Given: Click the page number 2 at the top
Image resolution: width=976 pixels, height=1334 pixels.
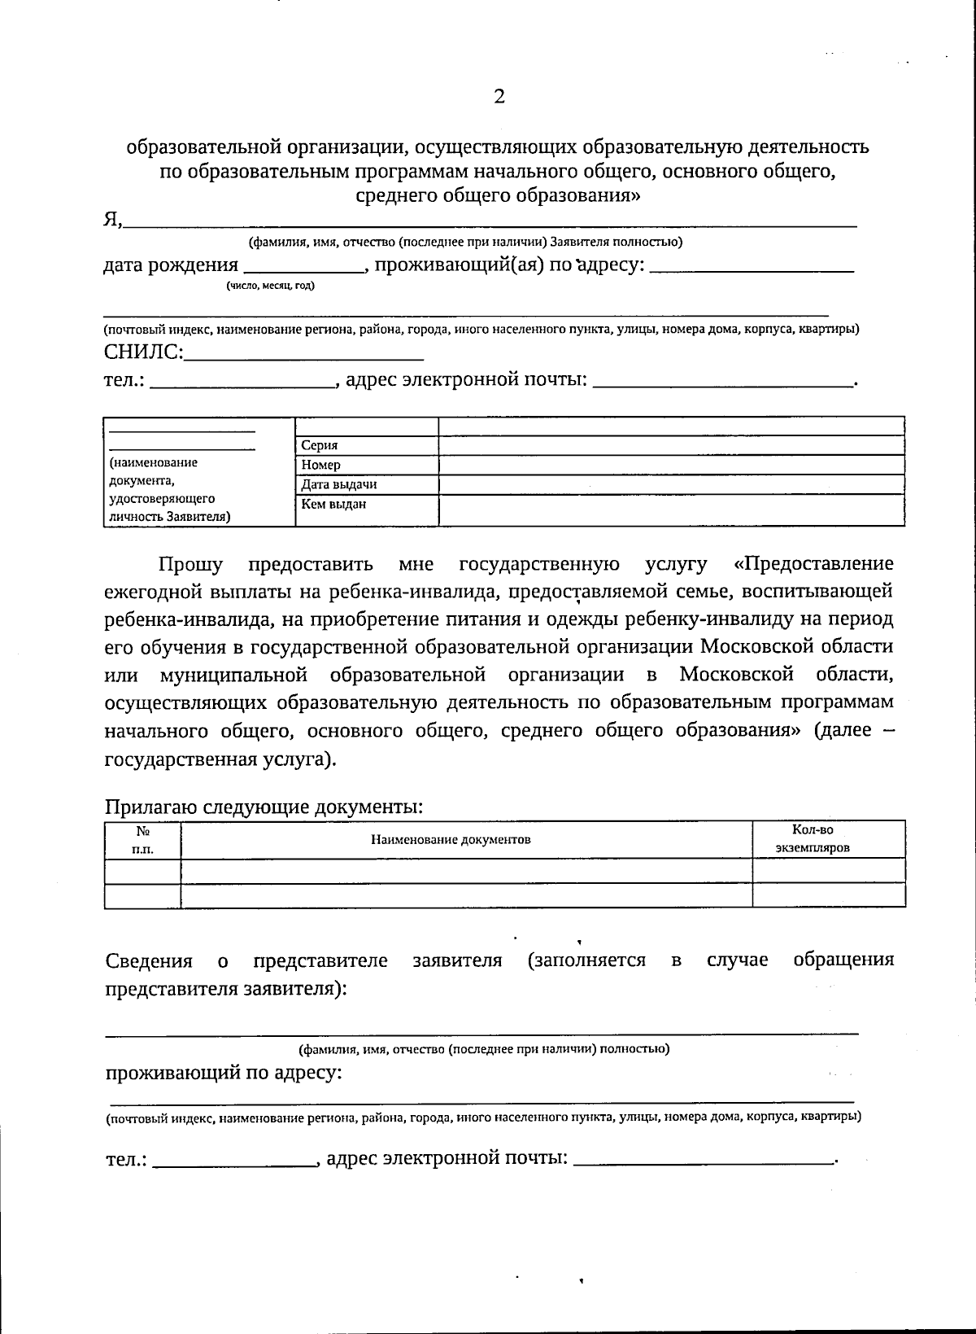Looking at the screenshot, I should (x=499, y=97).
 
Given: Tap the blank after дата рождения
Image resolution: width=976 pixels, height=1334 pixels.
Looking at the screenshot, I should (x=304, y=265).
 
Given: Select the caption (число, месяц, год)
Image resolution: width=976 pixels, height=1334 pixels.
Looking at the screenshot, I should (x=271, y=286).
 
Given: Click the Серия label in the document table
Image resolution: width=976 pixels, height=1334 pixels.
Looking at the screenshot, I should (x=320, y=445).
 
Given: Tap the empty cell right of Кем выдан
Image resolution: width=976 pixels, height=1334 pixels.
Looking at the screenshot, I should (x=671, y=510).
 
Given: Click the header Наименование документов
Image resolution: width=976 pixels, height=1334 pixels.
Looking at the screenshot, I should (x=451, y=839).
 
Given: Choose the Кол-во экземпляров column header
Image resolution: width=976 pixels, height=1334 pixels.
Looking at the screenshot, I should (x=813, y=838).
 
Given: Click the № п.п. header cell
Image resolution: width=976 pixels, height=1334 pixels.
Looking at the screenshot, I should (x=142, y=839).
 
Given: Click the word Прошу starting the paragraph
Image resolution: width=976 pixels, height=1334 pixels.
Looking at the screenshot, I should (x=190, y=564).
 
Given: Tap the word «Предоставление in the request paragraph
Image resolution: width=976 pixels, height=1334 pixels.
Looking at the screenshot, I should (x=813, y=564).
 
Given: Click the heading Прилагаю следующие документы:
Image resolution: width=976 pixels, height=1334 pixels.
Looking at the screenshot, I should (x=264, y=807).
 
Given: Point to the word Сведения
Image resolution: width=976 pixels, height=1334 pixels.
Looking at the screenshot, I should (x=149, y=960).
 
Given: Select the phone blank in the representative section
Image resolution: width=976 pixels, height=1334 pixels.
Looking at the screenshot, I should (x=234, y=1159).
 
